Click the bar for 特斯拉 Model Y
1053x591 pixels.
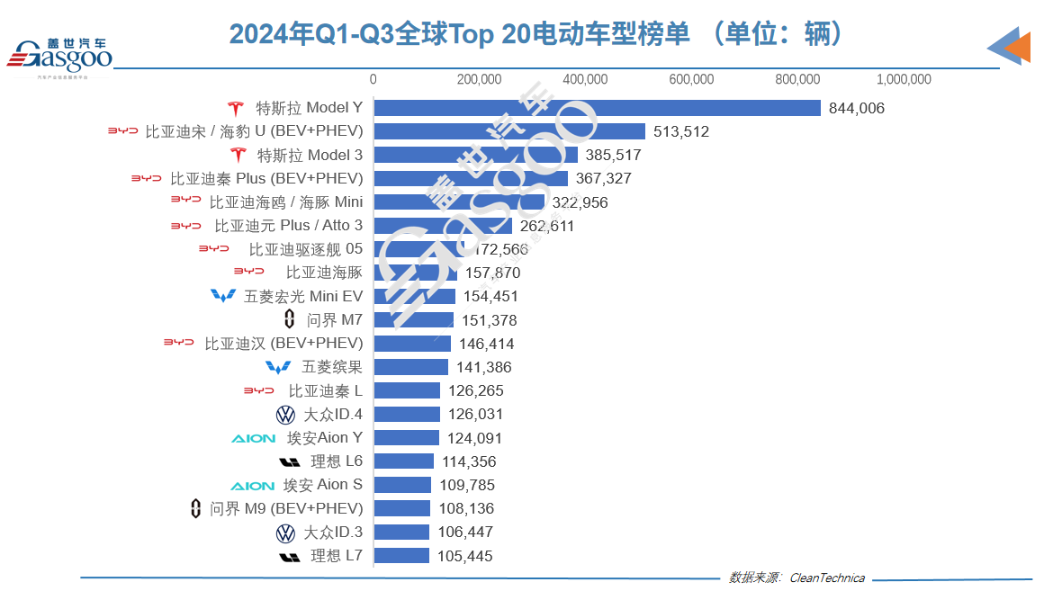point(597,108)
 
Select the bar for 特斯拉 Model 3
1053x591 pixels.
point(475,155)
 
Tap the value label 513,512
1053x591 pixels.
point(680,131)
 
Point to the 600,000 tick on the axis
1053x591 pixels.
point(691,79)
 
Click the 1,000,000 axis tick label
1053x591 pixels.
point(904,79)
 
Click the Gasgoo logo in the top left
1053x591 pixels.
point(59,56)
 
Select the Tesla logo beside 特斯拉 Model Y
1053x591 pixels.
point(236,108)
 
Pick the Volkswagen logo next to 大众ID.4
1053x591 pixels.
point(285,415)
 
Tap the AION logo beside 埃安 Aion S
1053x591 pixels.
point(253,485)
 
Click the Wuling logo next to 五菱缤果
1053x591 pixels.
point(279,367)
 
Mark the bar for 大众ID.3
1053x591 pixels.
point(401,532)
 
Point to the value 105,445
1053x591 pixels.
point(464,556)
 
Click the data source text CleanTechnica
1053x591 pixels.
point(826,578)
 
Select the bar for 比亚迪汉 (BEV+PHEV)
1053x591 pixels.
point(412,344)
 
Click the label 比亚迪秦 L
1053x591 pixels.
point(325,391)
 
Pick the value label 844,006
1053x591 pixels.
point(856,108)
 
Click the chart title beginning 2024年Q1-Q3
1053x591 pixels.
point(537,33)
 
